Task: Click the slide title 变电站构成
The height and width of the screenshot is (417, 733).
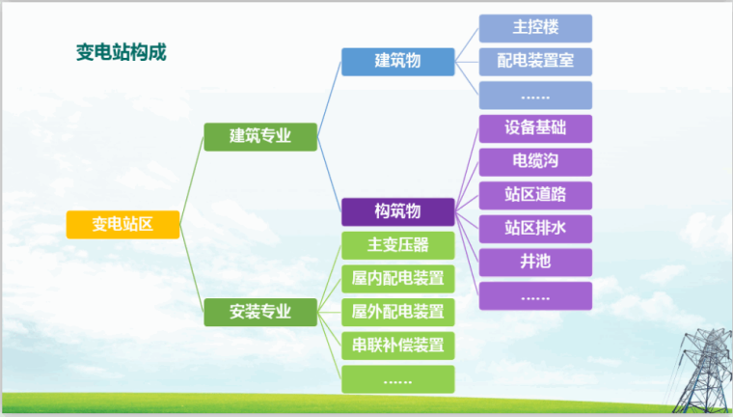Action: coord(121,52)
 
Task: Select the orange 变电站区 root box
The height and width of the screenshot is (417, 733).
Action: coord(122,225)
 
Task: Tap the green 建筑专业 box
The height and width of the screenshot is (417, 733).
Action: coord(260,137)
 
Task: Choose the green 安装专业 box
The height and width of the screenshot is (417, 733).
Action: coord(260,312)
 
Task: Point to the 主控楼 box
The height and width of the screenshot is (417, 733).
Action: coord(535,28)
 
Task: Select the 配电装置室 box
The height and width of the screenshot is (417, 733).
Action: coord(535,62)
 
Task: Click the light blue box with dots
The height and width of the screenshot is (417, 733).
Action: coord(535,95)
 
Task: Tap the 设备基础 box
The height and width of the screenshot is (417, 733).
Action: coord(535,128)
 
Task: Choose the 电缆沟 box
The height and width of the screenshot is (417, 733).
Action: coord(535,161)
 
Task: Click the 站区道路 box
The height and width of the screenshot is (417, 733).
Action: coord(535,195)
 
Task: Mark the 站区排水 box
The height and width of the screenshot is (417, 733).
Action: coord(535,229)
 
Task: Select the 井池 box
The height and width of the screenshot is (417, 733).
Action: coord(535,262)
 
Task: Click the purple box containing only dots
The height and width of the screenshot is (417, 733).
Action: coord(535,295)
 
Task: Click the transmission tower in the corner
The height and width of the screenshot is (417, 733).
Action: coord(698,367)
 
